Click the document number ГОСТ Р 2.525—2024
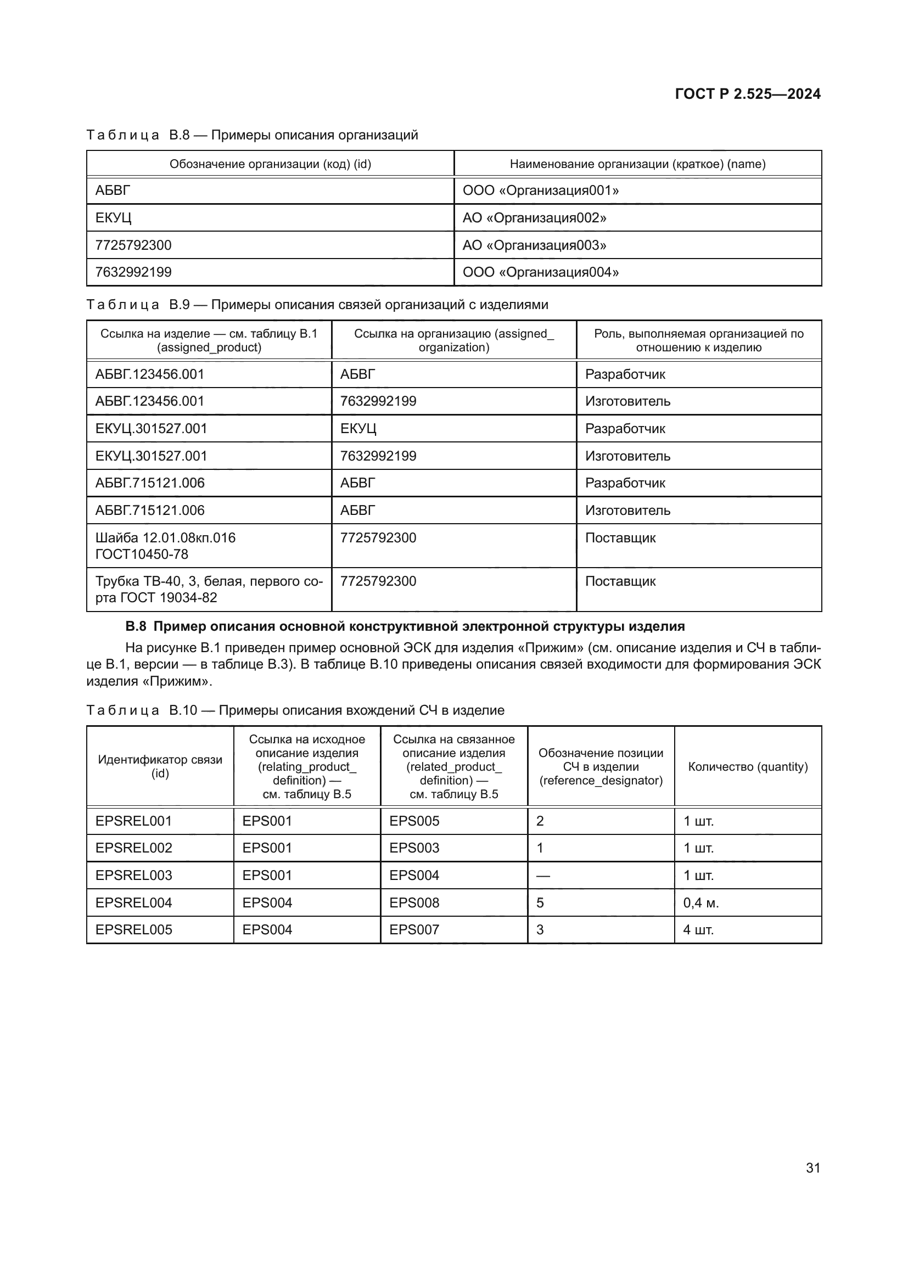747,94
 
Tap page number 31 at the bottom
813,1168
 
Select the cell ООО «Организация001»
540,190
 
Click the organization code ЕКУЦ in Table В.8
114,217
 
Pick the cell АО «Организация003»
534,245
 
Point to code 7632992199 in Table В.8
133,272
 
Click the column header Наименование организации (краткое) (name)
637,164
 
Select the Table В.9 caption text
317,305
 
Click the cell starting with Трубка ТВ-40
209,590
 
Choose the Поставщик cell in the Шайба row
620,538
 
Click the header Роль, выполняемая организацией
698,340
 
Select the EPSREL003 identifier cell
133,875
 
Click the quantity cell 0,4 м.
700,902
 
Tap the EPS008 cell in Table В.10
414,902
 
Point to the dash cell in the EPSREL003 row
543,876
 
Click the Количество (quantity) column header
748,767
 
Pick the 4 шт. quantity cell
698,929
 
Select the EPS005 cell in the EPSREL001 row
414,821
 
